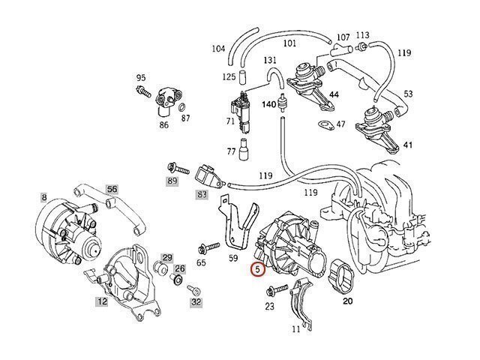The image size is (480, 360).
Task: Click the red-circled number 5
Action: (x=258, y=268)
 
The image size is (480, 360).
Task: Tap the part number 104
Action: (x=218, y=49)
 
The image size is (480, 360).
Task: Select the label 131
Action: (x=270, y=60)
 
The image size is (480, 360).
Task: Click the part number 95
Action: (x=140, y=77)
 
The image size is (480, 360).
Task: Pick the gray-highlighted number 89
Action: (x=172, y=181)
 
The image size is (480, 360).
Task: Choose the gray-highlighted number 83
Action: (x=202, y=194)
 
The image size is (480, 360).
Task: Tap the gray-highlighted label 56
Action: (x=112, y=189)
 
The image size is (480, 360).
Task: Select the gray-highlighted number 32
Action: (x=196, y=301)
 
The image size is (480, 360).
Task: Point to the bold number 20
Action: (x=347, y=301)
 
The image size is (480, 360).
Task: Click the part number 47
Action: (x=340, y=124)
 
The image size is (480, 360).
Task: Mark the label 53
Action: (x=407, y=94)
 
